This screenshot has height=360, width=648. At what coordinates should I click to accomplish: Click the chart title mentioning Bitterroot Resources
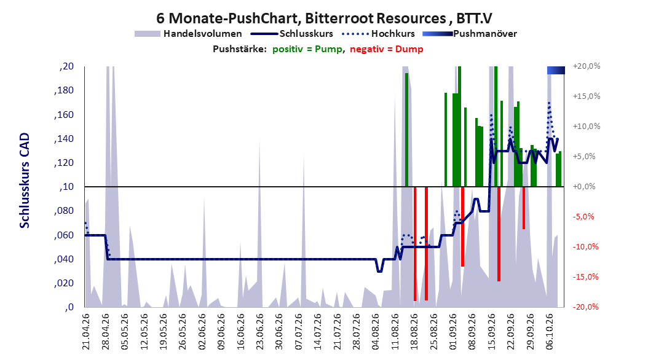point(324,18)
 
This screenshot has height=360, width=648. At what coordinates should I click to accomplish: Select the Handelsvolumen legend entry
point(188,34)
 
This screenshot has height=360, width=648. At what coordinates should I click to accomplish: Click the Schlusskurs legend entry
point(292,34)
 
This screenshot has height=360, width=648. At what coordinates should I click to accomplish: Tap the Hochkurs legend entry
point(378,34)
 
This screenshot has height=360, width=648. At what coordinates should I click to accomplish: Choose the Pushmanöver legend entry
point(470,34)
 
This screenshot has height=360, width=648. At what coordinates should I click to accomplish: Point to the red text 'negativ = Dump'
point(387,49)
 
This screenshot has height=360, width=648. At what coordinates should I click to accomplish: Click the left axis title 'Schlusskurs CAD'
point(25,181)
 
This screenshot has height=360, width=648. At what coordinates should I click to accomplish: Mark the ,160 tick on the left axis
point(64,115)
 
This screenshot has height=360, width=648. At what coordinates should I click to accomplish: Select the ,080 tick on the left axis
point(64,211)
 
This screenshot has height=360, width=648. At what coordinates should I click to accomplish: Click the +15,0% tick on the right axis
point(587,96)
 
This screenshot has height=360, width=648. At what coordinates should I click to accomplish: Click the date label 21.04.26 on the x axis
point(86,332)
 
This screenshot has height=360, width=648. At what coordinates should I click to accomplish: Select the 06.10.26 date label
point(550,332)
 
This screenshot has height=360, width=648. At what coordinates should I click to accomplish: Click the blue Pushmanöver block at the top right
point(556,71)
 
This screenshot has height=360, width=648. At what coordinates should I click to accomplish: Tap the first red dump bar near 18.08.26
point(415,243)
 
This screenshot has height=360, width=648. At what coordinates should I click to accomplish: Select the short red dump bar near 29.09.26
point(524,208)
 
